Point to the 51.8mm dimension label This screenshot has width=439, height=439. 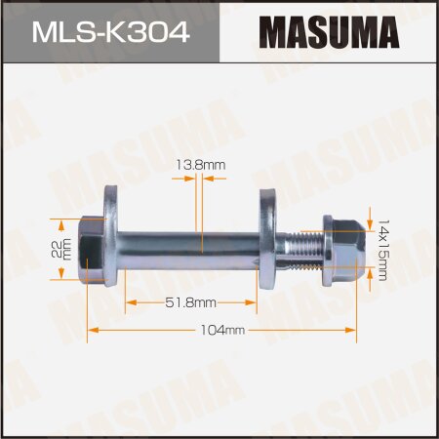tap(192, 303)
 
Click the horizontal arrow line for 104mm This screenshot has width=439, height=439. tap(156, 331)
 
